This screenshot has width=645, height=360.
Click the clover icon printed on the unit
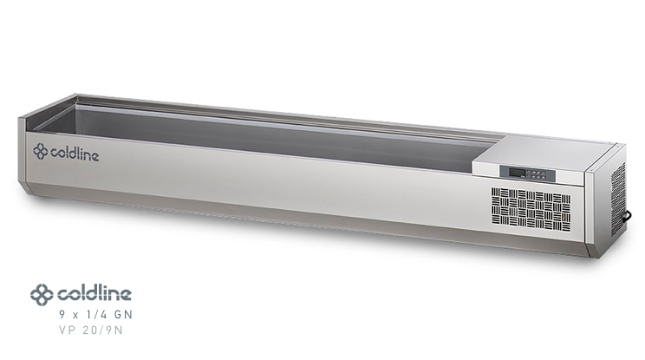[41, 152]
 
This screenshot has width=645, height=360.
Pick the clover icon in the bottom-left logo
[42, 294]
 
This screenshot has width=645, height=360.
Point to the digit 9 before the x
[62, 314]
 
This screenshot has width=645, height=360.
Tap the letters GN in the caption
[122, 314]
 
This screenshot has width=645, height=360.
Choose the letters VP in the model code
[67, 331]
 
